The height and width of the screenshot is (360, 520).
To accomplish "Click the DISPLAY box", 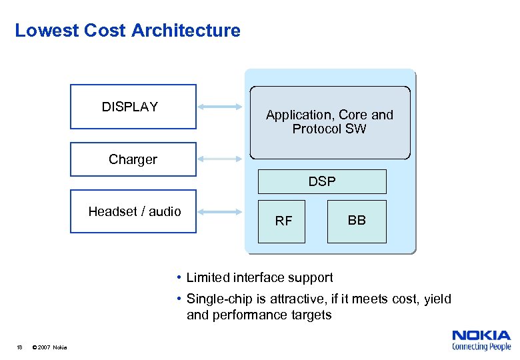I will click(x=133, y=107).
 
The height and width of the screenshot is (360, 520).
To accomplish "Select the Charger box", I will click(x=133, y=159).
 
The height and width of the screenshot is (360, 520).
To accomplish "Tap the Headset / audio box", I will click(x=133, y=212).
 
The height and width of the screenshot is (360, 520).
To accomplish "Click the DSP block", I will click(x=322, y=181).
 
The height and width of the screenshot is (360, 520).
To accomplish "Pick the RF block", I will click(x=283, y=221).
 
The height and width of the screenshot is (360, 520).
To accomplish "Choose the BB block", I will click(x=357, y=221).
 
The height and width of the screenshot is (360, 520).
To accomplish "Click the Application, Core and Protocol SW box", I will click(x=329, y=123).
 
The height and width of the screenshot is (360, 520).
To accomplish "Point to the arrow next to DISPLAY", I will click(x=221, y=107).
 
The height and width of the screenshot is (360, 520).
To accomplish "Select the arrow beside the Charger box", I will click(x=221, y=159).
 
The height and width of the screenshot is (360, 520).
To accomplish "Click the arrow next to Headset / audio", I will click(x=221, y=212).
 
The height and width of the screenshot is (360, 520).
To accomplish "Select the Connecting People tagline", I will click(x=481, y=347).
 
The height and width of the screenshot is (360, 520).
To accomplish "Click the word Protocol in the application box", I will click(x=317, y=129).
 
